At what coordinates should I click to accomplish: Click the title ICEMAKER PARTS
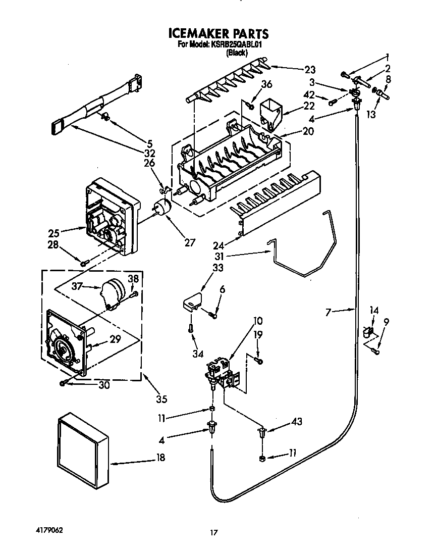(x=218, y=34)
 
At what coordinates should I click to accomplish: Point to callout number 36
(x=266, y=84)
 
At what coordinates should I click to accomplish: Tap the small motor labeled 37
(x=114, y=293)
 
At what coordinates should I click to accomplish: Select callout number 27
(x=189, y=242)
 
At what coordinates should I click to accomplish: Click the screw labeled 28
(x=84, y=262)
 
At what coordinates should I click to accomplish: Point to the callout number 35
(x=161, y=399)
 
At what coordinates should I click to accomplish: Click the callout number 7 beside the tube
(x=328, y=313)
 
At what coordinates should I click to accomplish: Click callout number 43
(x=297, y=422)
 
